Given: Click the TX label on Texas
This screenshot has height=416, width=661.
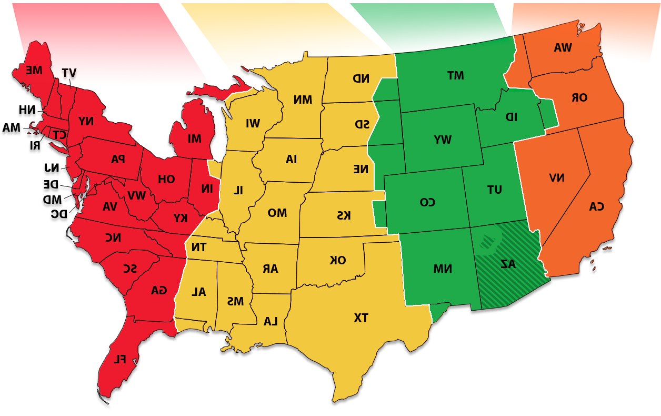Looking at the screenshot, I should point(361,318).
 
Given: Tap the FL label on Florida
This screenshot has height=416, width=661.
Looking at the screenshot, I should point(120,359).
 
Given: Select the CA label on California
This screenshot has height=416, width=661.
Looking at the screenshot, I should point(596,206).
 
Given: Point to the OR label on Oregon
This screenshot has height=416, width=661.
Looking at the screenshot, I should point(579,97).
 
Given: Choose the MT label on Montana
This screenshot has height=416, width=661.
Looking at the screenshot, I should point(455,75).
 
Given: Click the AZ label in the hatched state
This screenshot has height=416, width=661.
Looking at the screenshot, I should point(508,264).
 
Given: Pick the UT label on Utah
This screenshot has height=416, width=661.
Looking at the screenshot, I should point(495,190).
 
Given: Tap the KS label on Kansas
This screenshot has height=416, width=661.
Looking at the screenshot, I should point(344,215).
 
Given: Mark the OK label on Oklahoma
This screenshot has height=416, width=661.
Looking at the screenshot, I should point(338,260).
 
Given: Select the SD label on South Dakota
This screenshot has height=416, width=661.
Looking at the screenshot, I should point(362,124).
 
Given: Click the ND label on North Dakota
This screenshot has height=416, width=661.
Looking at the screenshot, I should point(361,78).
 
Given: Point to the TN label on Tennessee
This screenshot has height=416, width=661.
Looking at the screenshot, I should point(199,247).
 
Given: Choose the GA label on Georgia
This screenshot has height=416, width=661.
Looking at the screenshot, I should point(158,290).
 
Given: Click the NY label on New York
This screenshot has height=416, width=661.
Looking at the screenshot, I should point(86,121).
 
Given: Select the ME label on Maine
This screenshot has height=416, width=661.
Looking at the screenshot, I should point(34,70).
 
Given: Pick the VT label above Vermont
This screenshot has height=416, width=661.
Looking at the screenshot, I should point(68,73).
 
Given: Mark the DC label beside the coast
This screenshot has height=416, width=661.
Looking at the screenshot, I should point(59,213).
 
